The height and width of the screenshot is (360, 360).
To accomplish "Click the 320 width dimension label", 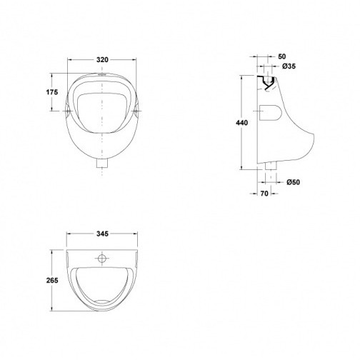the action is tap(102, 60).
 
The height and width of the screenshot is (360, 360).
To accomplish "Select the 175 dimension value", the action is tap(52, 92).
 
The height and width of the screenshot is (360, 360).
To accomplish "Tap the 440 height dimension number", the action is tap(241, 123).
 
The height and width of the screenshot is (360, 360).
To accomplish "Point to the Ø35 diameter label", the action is tap(289, 66).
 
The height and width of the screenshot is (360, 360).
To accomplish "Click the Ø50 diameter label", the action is tap(293, 182).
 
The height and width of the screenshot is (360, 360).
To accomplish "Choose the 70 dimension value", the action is tap(264, 194).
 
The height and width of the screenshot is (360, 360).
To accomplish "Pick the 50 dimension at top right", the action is tap(282, 56).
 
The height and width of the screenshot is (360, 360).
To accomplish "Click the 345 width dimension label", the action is tap(102, 234).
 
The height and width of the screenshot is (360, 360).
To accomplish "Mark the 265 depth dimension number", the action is tap(52, 281).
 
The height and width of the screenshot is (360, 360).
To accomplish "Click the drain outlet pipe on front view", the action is tap(102, 164).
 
